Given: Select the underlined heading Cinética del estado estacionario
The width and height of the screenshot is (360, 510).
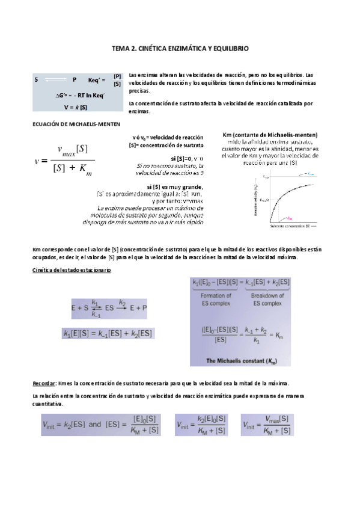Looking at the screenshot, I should [71, 270].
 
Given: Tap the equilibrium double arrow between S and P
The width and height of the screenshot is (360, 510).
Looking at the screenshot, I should [55, 79].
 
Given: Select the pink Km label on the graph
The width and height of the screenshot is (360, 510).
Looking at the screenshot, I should [290, 218].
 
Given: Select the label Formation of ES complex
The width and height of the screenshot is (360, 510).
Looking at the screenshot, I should [216, 300].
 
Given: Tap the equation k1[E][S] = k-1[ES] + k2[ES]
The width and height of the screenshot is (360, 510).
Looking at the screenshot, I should [108, 333].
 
